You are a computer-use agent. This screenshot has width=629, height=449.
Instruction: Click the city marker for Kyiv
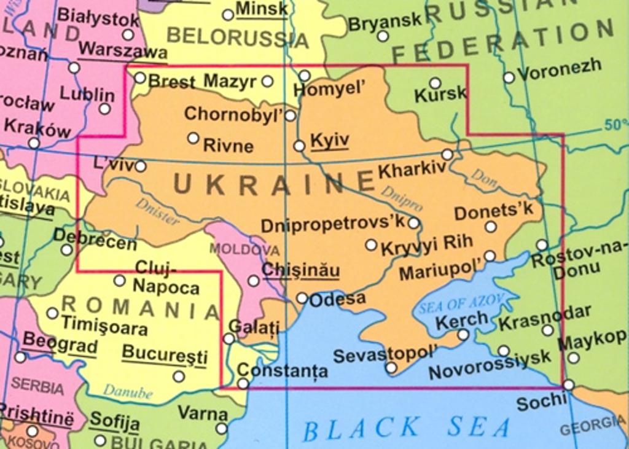coord(299,146)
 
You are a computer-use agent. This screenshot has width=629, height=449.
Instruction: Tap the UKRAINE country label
coord(274,184)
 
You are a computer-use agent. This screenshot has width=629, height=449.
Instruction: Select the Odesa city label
coord(337,299)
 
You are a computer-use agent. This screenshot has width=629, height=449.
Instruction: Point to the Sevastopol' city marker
coord(391,368)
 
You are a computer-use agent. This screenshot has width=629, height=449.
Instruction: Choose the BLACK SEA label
coord(407,428)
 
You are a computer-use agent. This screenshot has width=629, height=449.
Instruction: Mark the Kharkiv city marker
coord(447,154)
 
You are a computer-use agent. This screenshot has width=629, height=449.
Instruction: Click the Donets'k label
coord(494,212)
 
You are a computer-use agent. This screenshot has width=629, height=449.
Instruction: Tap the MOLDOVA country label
coord(244,250)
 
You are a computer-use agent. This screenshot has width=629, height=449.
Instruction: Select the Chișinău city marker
coord(253,281)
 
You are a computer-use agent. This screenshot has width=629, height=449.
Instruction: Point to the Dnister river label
coord(157,211)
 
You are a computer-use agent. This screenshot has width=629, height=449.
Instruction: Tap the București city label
coord(165,355)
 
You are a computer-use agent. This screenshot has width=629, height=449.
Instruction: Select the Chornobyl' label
coord(233,114)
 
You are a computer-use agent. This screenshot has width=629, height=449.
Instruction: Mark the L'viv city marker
coord(141,166)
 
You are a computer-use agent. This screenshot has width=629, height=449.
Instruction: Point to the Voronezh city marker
coord(509,77)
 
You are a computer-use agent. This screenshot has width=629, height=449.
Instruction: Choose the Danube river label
coord(127,391)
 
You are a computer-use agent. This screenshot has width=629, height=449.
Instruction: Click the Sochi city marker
coord(569,385)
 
